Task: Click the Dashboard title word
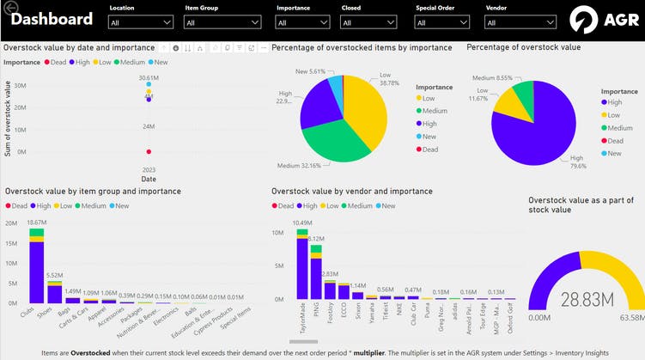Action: (x=52, y=20)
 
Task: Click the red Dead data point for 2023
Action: (x=149, y=152)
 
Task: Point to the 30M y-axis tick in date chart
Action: (x=19, y=86)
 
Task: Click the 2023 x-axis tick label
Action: (x=149, y=169)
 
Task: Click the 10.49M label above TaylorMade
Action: (x=302, y=223)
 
